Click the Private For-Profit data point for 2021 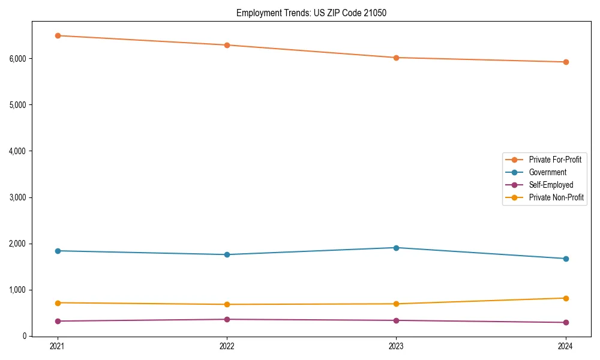58,35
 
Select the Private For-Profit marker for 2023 396,58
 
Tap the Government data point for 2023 396,248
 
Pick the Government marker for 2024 566,259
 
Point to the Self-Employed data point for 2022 227,319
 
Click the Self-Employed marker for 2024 566,323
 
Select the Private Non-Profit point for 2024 566,298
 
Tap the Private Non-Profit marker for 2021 58,303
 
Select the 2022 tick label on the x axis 227,346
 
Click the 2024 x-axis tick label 566,346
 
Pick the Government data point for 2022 227,254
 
